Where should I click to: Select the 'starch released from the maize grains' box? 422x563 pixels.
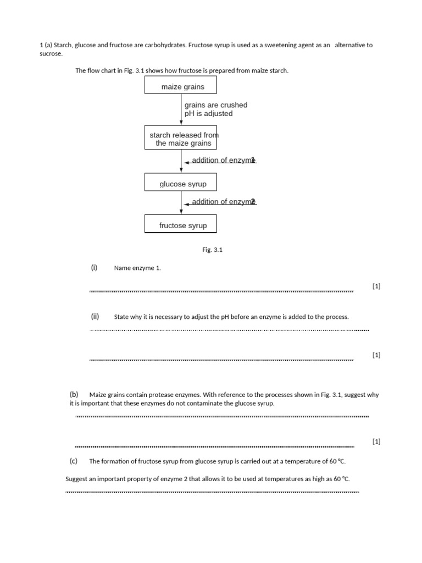click(x=180, y=139)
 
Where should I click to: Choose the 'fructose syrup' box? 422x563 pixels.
click(x=180, y=224)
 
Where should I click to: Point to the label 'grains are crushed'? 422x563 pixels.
click(x=216, y=105)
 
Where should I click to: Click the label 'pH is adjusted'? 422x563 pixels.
click(x=208, y=114)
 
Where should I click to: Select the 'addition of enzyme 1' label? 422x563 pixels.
click(x=223, y=160)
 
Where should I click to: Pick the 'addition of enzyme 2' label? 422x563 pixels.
click(x=223, y=202)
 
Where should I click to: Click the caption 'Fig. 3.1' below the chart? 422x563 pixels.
click(x=212, y=250)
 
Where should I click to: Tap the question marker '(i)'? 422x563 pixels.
click(x=94, y=268)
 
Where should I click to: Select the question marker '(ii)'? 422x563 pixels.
click(x=95, y=316)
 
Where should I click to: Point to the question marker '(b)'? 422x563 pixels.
click(x=74, y=394)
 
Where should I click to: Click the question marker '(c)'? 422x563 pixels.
click(x=74, y=461)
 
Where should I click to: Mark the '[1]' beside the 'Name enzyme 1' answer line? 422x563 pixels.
click(x=376, y=286)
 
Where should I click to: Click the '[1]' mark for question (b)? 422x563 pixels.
click(x=376, y=441)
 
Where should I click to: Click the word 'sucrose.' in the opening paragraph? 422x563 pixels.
click(x=52, y=54)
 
